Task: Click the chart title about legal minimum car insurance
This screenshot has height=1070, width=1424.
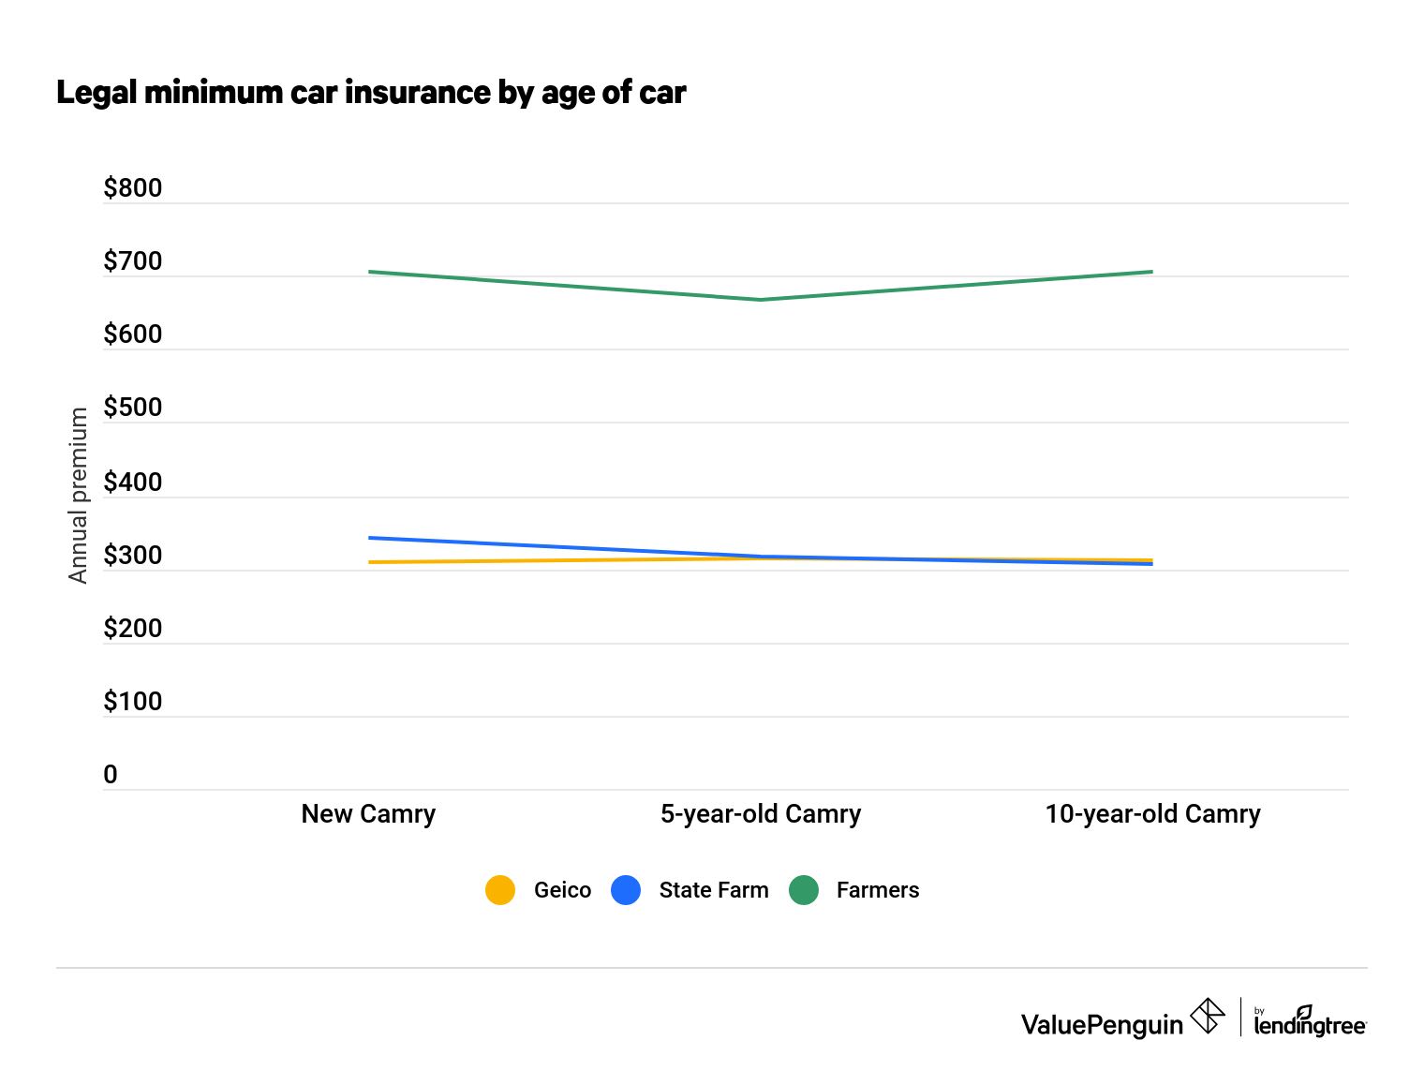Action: coord(371,93)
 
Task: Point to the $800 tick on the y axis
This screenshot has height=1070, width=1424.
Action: coord(132,188)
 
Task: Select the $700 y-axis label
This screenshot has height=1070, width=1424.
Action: coord(132,261)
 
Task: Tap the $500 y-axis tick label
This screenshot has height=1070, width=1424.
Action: coord(132,408)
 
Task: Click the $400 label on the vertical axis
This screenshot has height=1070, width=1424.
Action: coord(132,483)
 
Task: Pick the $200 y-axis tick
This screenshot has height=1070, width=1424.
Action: coord(132,629)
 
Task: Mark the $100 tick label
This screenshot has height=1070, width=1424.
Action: coord(132,702)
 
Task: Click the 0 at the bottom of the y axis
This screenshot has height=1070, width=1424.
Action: coord(111,775)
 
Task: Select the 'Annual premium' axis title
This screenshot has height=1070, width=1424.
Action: coord(78,496)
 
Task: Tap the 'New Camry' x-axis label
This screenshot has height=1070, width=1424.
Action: coord(368,814)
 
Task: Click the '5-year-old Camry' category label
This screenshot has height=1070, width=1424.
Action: coord(760,814)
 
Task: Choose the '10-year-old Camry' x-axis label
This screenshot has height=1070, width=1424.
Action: coord(1152,814)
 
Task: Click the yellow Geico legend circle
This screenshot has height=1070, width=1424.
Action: coord(500,890)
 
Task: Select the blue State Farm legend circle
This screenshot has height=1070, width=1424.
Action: coord(626,890)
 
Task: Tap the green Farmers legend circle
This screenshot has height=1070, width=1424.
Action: coord(804,890)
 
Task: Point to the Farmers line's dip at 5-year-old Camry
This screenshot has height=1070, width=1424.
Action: coord(760,300)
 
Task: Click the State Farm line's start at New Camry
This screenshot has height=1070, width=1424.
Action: coord(370,538)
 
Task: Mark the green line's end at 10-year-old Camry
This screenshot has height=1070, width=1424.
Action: coord(1151,272)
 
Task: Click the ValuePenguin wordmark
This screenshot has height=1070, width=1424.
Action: coord(1102,1025)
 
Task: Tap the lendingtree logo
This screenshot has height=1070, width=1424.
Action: coord(1310,1023)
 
